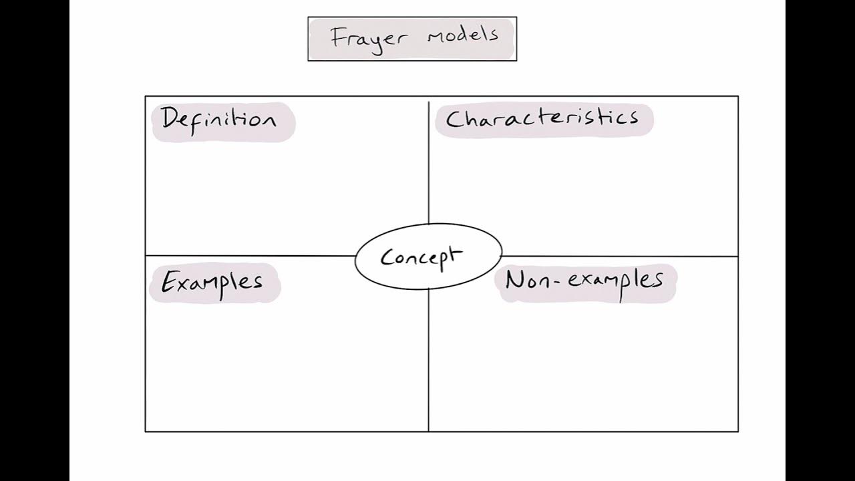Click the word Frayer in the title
point(368,37)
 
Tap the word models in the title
point(463,35)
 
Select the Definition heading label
point(218,120)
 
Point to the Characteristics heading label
point(542,119)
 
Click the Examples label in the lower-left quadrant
point(212,282)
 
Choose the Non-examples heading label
point(584,281)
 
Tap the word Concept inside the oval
point(421,257)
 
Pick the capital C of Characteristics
point(454,120)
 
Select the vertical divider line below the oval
point(428,361)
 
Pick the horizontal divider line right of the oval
point(621,256)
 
